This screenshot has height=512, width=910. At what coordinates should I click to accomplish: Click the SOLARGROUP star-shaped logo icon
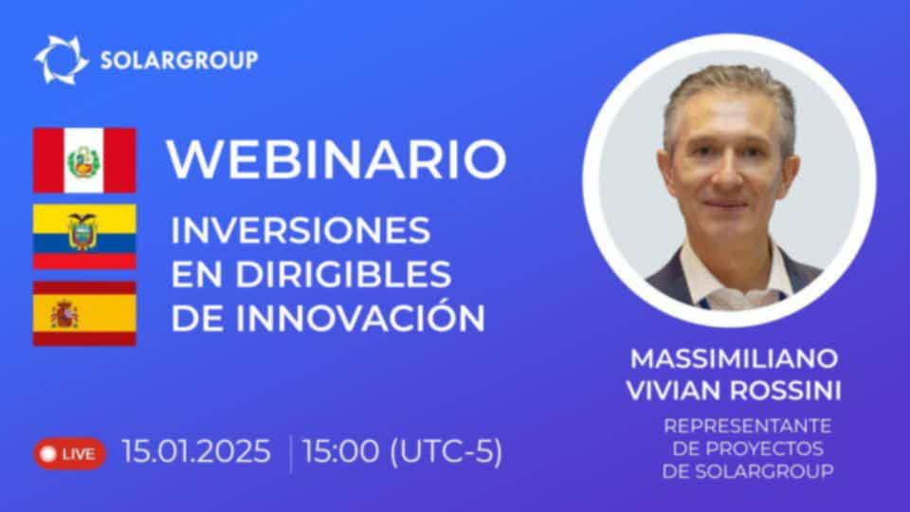click(x=61, y=60)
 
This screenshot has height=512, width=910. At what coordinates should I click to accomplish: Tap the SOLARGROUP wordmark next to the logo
click(x=179, y=61)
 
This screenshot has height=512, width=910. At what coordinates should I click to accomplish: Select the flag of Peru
click(x=84, y=160)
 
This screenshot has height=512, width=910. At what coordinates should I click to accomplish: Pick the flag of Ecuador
click(x=84, y=236)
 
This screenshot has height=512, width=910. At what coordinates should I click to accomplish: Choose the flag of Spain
click(x=84, y=314)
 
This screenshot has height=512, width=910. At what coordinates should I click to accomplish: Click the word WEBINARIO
click(x=337, y=159)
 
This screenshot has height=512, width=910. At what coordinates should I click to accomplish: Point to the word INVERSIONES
click(x=300, y=229)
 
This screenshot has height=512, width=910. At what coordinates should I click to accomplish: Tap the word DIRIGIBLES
click(x=343, y=274)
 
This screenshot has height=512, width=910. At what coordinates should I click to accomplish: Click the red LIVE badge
click(x=69, y=453)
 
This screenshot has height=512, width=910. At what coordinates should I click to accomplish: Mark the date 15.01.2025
click(x=196, y=451)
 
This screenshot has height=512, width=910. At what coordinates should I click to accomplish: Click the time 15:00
click(x=340, y=451)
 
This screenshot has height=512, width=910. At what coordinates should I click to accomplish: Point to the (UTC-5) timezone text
click(x=446, y=451)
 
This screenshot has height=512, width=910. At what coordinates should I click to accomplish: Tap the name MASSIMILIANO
click(x=734, y=358)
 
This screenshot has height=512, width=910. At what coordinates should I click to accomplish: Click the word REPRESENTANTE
click(x=748, y=426)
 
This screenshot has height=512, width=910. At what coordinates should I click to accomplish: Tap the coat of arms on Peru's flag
click(x=84, y=161)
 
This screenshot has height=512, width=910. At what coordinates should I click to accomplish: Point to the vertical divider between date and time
click(x=291, y=453)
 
